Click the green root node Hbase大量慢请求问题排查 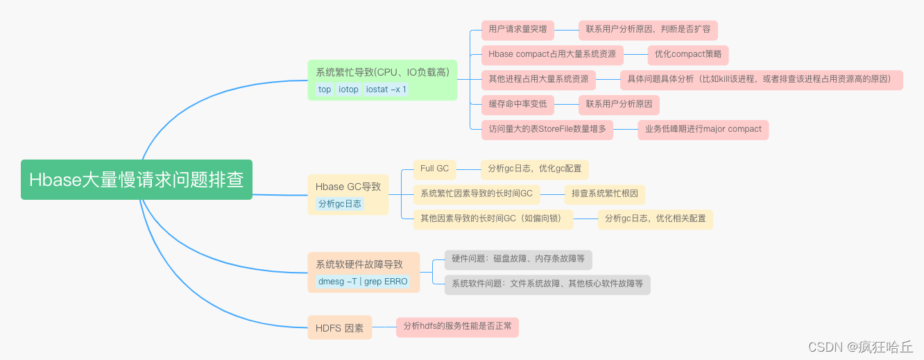(x=136, y=180)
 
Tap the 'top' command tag (x=325, y=89)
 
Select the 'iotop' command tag (x=348, y=89)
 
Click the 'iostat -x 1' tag (x=386, y=89)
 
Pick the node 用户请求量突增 (x=517, y=29)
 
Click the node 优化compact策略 (x=687, y=54)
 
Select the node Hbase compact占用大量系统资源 (x=552, y=54)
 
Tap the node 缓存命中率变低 (x=517, y=104)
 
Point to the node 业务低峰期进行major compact (x=703, y=129)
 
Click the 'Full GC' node (x=434, y=169)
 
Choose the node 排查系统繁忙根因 (x=604, y=194)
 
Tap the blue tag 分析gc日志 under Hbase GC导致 (x=340, y=204)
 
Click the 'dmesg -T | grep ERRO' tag (x=363, y=282)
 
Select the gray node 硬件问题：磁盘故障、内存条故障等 (x=517, y=259)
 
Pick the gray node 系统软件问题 (x=547, y=284)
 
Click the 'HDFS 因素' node (x=339, y=328)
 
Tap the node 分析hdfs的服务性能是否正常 (x=457, y=326)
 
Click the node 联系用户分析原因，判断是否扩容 (x=648, y=29)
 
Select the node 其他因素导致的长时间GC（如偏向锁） (x=493, y=218)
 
